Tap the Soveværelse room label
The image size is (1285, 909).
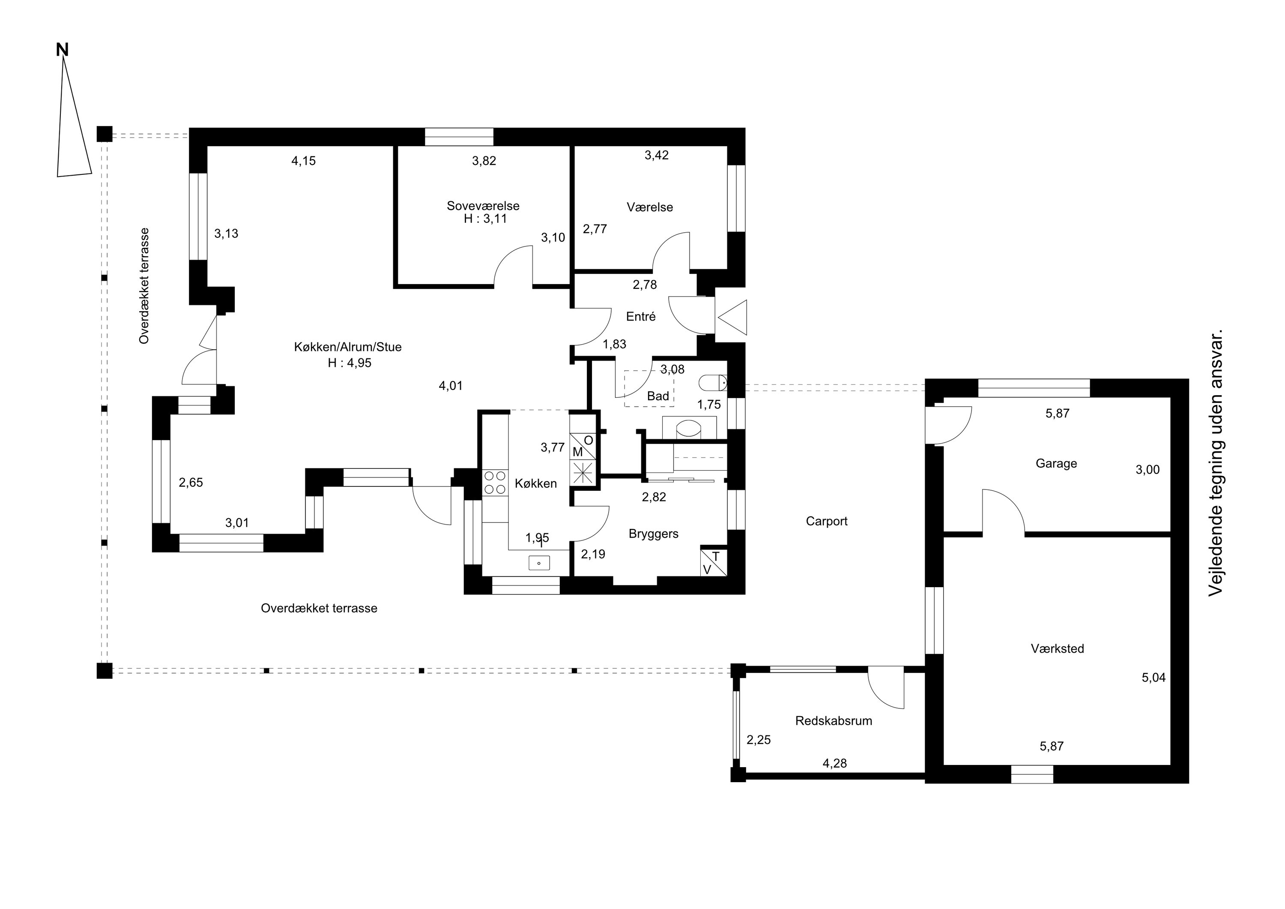(483, 206)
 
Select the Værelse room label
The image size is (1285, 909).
(650, 207)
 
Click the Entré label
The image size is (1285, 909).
(641, 316)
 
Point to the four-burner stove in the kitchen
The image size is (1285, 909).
(495, 482)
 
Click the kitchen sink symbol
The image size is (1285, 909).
(539, 563)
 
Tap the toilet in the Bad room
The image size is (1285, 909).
(712, 383)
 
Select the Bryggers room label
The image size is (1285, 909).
(653, 534)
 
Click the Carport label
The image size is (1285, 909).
(827, 522)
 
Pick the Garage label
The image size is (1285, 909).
(1056, 464)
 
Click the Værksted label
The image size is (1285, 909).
(1057, 648)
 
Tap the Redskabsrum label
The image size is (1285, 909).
(834, 721)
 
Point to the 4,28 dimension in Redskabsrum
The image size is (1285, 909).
(834, 763)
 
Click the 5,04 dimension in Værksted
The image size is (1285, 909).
(1154, 678)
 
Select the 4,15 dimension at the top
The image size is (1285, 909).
(303, 161)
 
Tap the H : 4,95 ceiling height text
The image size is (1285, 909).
(349, 363)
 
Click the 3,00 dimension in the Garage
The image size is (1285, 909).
(1148, 470)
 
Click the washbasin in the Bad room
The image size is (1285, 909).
(688, 429)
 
